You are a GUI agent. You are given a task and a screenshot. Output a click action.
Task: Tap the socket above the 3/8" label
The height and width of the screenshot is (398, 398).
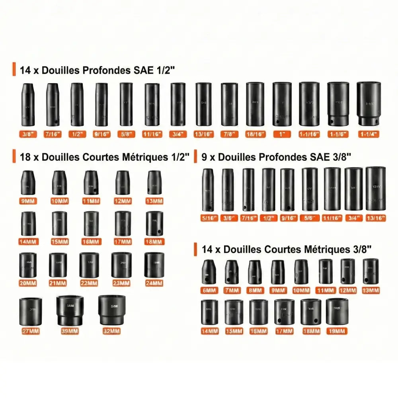[28, 104]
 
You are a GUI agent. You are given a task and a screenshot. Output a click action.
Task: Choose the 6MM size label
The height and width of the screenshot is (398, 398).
[208, 290]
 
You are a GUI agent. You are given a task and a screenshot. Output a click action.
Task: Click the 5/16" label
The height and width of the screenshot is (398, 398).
[208, 218]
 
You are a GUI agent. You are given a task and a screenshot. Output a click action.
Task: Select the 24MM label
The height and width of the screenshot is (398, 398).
[154, 283]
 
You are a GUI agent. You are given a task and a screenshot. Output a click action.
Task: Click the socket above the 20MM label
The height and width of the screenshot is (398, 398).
[28, 265]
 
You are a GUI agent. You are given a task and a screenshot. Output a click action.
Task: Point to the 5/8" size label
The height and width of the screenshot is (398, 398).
[126, 135]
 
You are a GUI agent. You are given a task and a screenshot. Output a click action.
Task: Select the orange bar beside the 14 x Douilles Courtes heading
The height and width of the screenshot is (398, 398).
[195, 250]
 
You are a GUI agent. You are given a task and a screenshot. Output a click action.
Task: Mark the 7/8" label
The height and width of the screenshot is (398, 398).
[229, 135]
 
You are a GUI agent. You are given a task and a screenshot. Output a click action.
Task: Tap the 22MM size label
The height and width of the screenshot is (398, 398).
[89, 283]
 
